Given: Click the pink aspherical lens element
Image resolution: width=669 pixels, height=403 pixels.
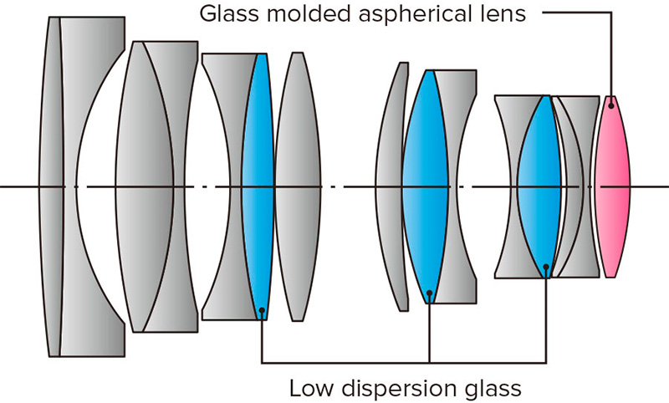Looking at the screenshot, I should [612, 186].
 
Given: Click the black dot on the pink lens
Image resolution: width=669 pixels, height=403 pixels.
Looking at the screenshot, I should [612, 103].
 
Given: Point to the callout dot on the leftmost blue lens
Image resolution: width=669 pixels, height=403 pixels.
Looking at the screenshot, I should [262, 311].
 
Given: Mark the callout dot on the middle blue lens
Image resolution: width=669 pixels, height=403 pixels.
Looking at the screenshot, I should [429, 293].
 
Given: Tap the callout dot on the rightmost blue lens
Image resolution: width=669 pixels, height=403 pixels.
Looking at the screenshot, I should [545, 268].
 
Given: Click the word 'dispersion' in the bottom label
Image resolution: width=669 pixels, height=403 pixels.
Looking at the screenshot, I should [401, 388].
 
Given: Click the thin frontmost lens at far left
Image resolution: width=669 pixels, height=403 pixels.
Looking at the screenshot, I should [52, 186].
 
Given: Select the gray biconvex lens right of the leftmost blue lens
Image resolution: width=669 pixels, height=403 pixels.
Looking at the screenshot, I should [299, 186].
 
